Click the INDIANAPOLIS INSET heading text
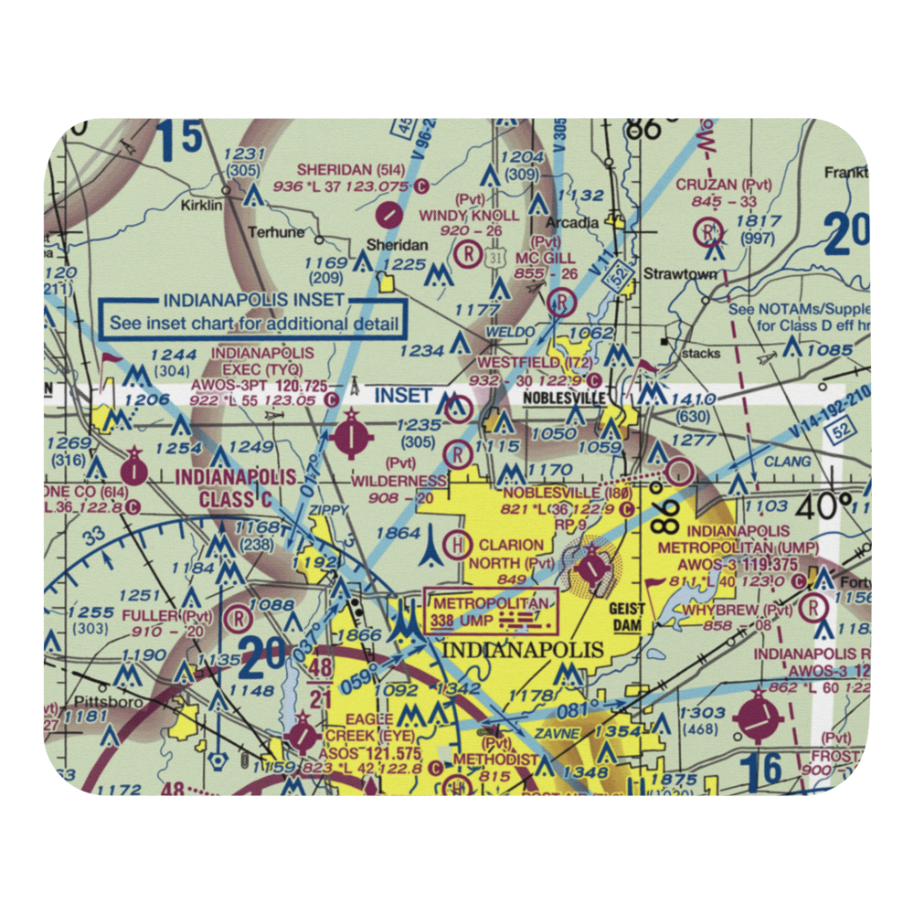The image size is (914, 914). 253,300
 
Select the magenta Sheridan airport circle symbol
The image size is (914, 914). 388,214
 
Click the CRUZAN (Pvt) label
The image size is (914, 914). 724,185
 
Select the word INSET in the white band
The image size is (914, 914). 403,395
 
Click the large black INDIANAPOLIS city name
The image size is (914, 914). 522,651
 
